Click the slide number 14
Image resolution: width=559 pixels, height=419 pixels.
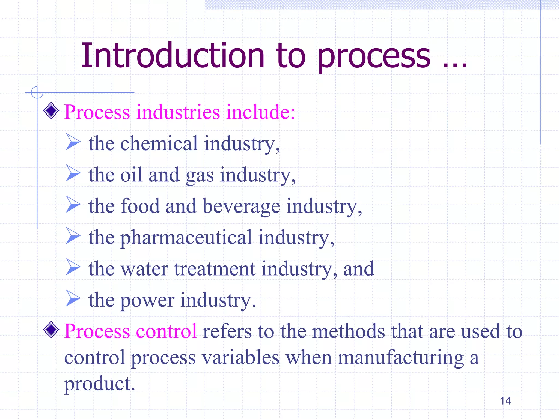505,401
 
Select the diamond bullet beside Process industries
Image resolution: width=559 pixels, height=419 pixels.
51,111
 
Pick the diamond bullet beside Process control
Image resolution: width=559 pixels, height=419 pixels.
51,330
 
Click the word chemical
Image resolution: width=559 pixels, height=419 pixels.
159,143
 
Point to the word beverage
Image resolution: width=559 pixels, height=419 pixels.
241,206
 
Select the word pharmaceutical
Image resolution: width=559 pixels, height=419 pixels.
186,238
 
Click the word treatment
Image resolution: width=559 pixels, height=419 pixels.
215,269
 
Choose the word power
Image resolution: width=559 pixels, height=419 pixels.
147,300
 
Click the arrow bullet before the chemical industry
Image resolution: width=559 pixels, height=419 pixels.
73,142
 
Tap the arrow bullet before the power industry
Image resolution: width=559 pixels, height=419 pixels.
73,298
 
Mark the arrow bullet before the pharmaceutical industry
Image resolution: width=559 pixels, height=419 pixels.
73,236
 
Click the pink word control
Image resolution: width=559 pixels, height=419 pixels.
166,331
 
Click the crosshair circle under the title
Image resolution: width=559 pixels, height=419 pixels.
37,92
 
